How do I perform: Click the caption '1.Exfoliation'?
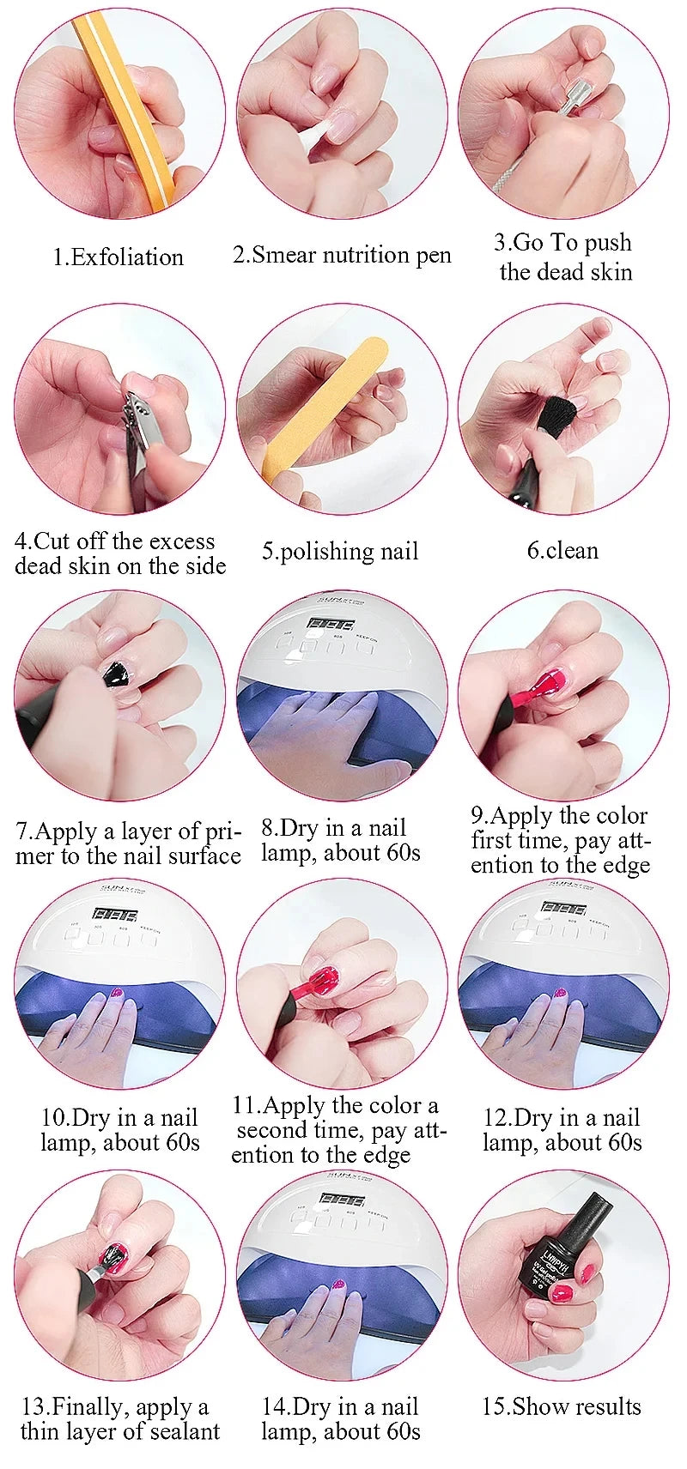click(118, 257)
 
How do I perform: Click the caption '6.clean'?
click(562, 550)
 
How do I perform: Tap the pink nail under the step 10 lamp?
click(118, 994)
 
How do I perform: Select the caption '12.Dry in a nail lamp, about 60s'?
click(562, 1130)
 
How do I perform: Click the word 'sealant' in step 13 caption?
click(180, 1430)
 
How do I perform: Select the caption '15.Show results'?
click(562, 1406)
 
